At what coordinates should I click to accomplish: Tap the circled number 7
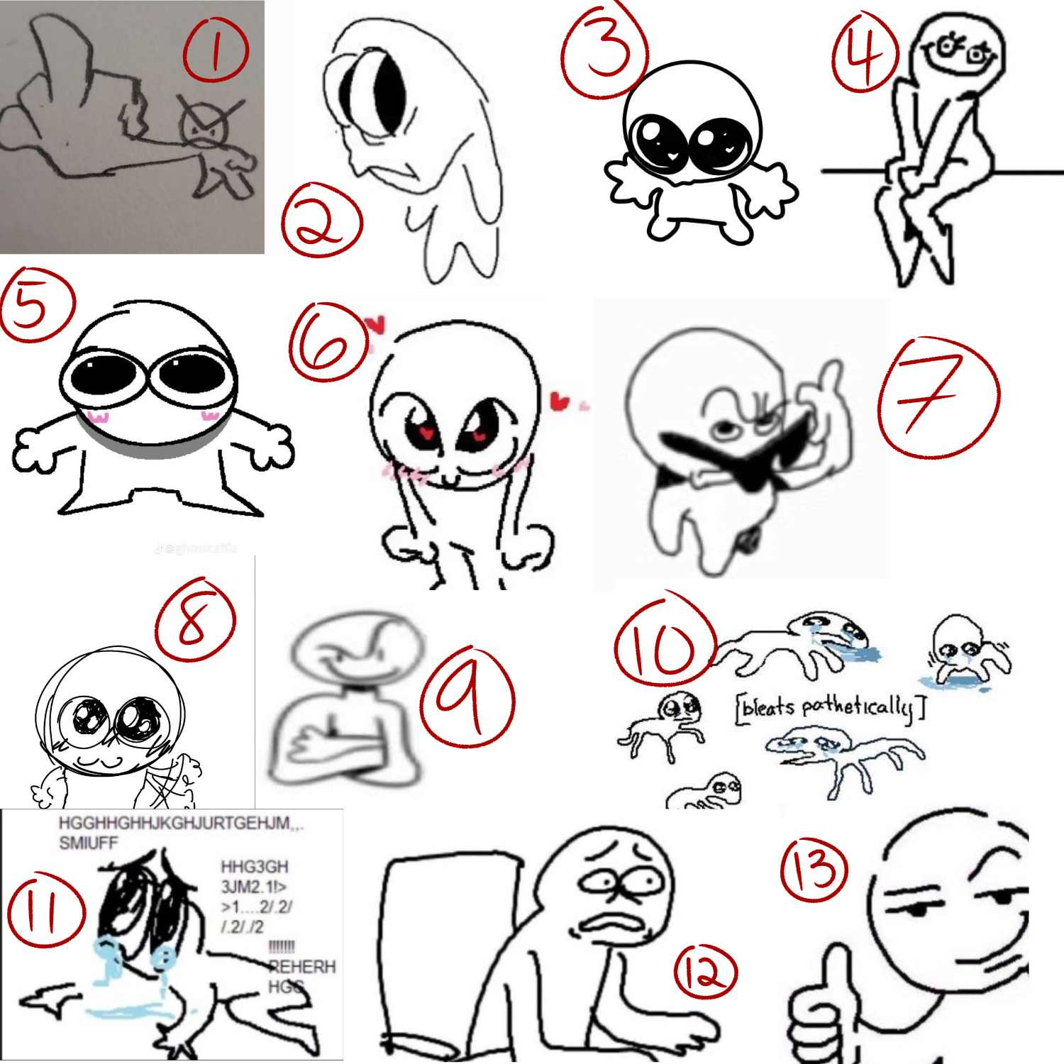click(938, 397)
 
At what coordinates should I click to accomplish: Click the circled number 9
click(467, 697)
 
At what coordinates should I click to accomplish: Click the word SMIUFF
click(88, 843)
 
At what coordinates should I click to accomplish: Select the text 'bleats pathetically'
click(830, 708)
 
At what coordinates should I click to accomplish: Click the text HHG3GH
click(254, 867)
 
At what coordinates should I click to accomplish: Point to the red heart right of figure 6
click(560, 401)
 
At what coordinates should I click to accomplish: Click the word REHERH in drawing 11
click(301, 966)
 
